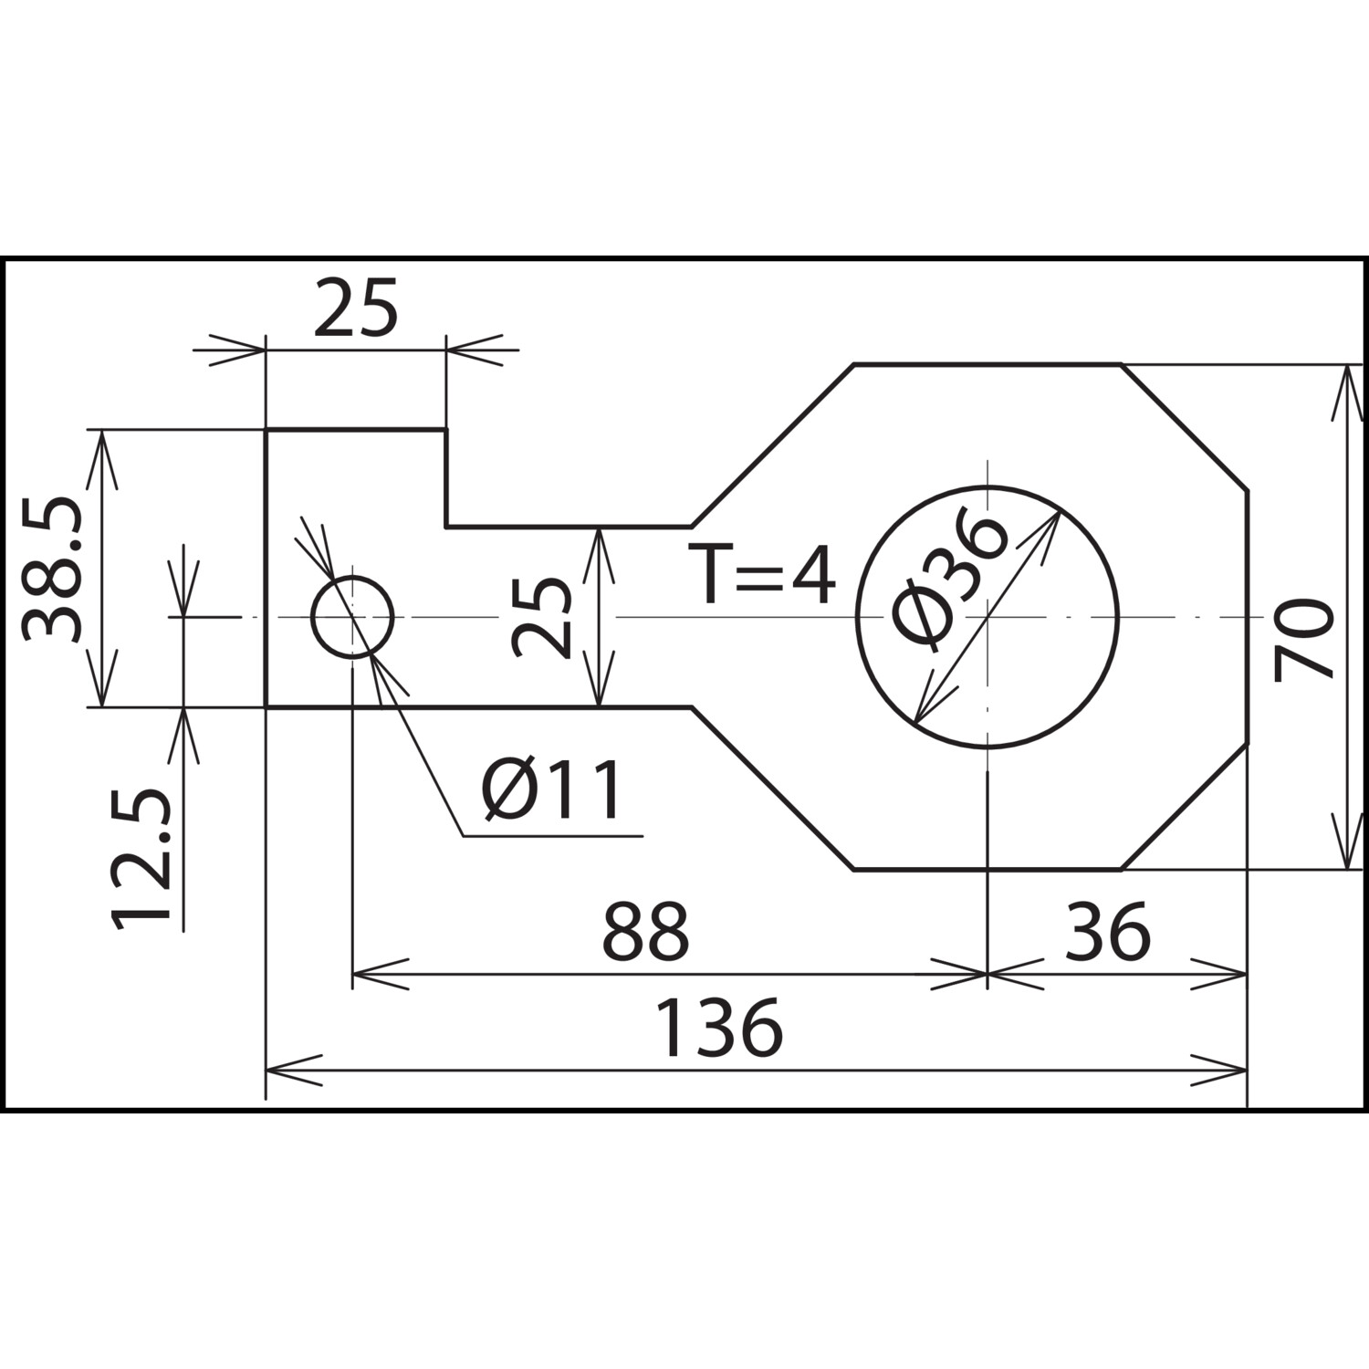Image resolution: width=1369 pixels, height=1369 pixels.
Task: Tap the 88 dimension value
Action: pyautogui.click(x=645, y=931)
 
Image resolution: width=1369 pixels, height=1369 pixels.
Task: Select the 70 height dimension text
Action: pyautogui.click(x=1304, y=641)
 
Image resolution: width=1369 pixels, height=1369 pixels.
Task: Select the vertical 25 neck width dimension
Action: pyautogui.click(x=541, y=617)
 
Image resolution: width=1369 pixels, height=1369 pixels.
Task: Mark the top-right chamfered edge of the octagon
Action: pyautogui.click(x=1185, y=427)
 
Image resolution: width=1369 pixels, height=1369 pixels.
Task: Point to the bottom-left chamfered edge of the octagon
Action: pyautogui.click(x=772, y=788)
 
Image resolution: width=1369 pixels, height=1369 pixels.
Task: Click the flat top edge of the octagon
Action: pyautogui.click(x=988, y=364)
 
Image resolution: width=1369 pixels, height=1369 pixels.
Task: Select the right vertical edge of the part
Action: pyautogui.click(x=1247, y=617)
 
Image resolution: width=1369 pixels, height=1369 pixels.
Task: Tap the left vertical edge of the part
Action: pyautogui.click(x=266, y=568)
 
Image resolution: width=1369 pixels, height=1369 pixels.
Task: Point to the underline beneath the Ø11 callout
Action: pyautogui.click(x=553, y=835)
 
